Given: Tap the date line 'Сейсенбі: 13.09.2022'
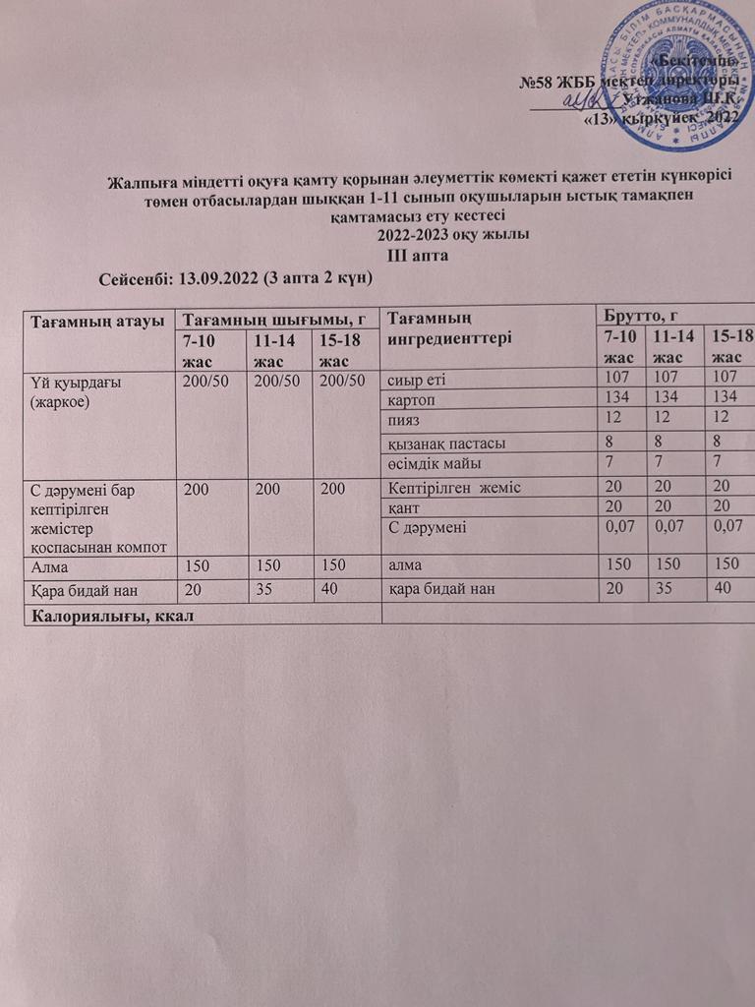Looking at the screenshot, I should pos(235,278).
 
